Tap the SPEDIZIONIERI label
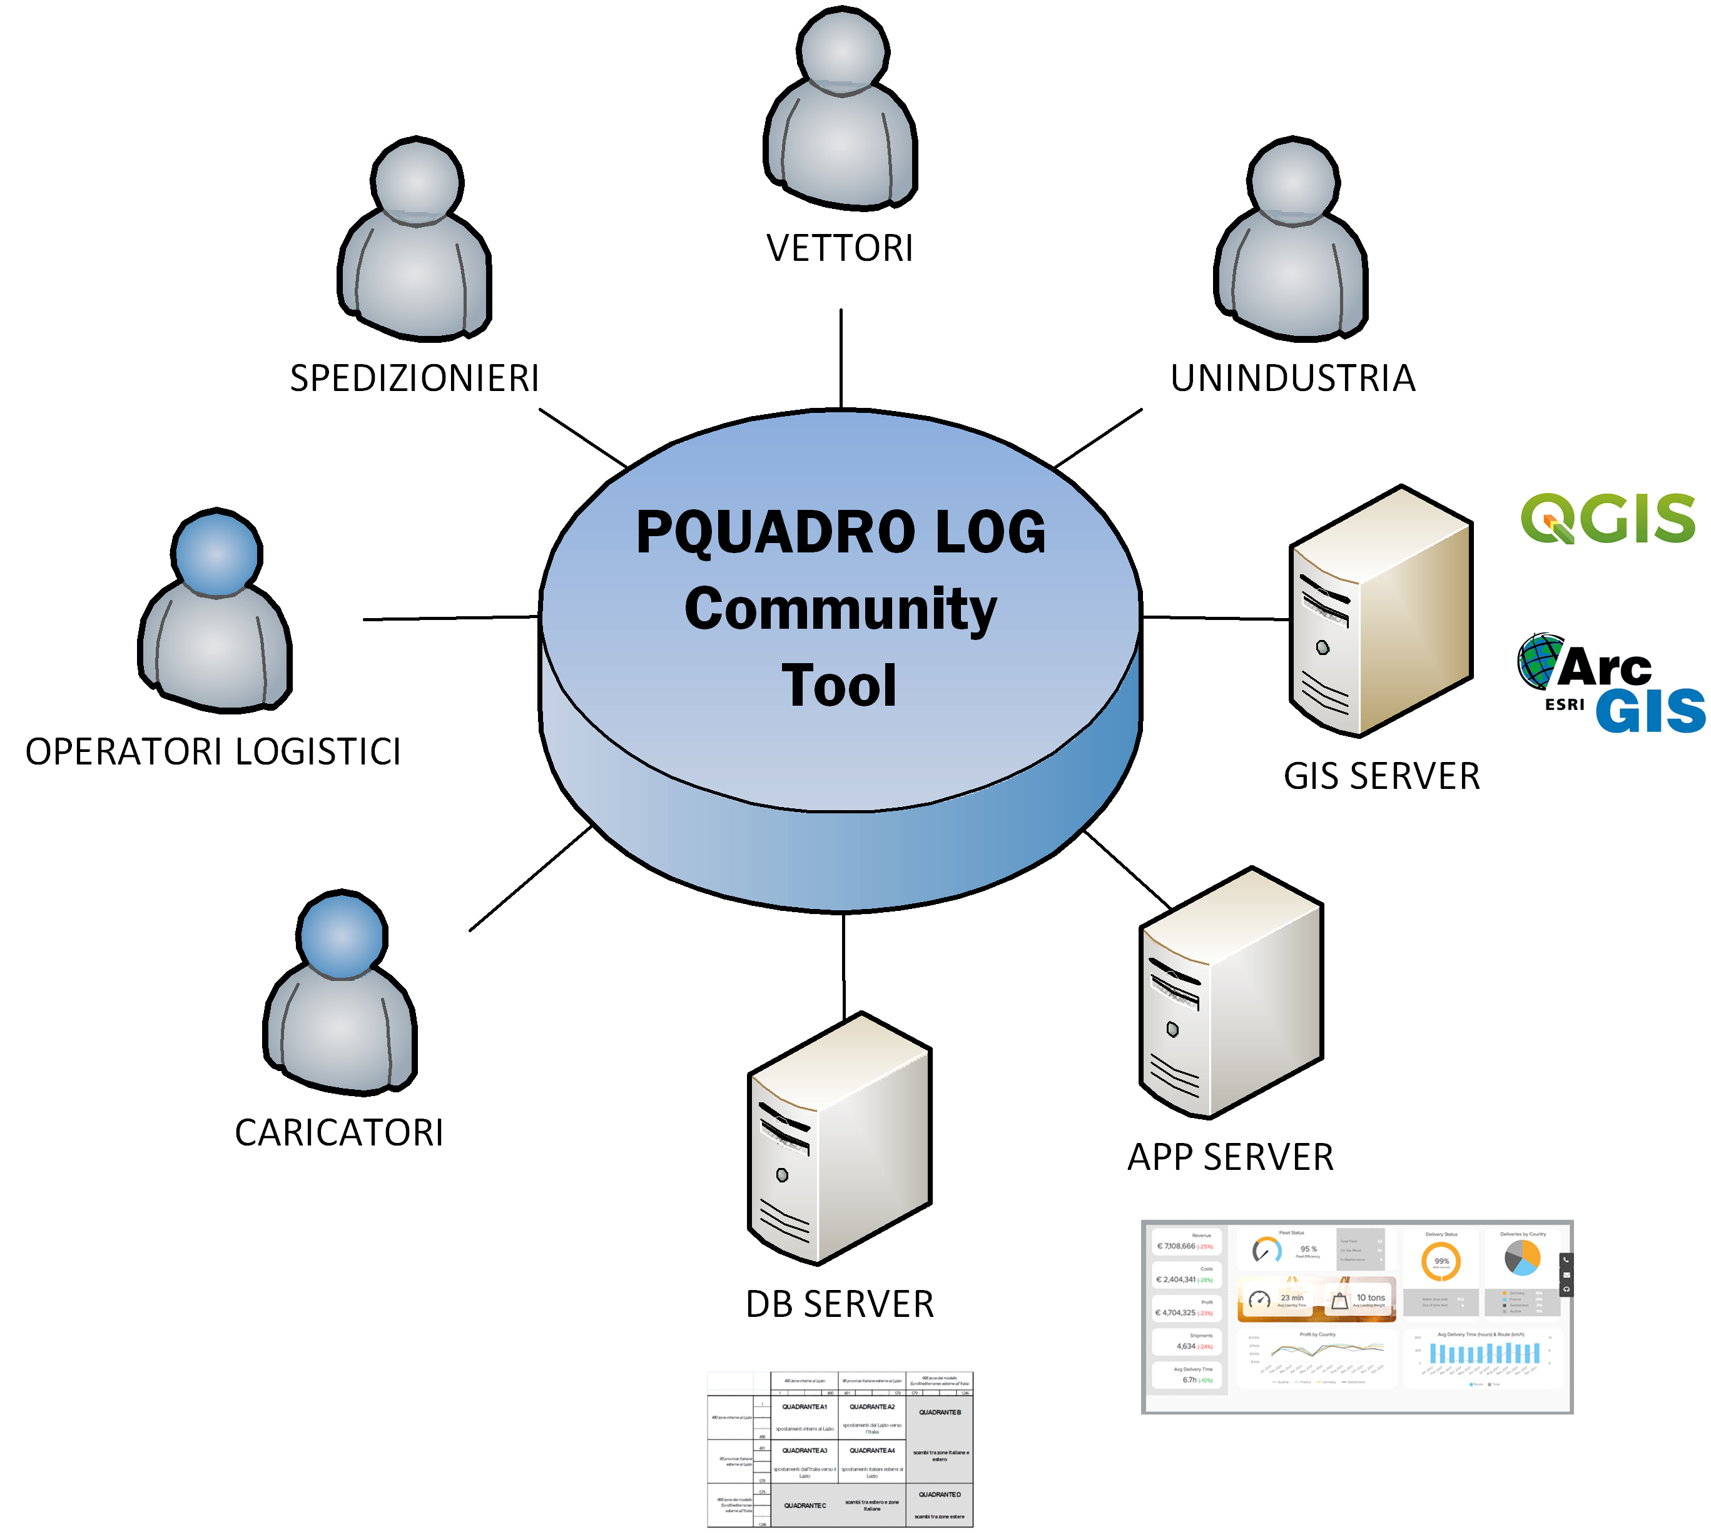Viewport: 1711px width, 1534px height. [x=414, y=378]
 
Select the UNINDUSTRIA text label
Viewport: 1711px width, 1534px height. [x=1293, y=378]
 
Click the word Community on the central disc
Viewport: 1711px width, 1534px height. [x=840, y=609]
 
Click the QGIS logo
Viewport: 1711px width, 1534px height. [x=1607, y=517]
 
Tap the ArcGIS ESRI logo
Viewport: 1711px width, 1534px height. [x=1608, y=679]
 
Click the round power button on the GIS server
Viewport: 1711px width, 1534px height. [x=1323, y=648]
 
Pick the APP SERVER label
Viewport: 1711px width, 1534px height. [x=1231, y=1156]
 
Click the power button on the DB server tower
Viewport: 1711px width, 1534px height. [x=782, y=1175]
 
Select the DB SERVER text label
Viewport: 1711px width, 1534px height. [x=840, y=1304]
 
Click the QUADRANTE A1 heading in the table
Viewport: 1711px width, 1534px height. [x=804, y=1407]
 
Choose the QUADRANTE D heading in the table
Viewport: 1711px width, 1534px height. [x=940, y=1495]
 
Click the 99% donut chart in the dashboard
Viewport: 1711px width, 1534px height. [x=1441, y=1262]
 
